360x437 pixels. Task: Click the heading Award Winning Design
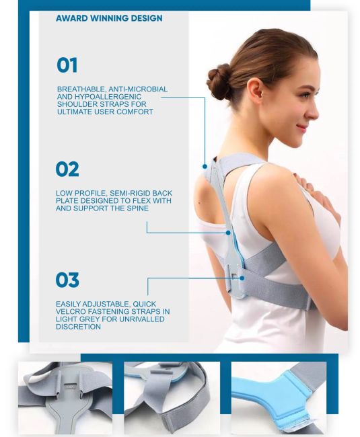coord(109,18)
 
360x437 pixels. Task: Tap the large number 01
coord(67,65)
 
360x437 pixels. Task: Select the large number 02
coord(67,169)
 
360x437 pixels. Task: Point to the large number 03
coord(67,280)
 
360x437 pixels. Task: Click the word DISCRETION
coord(78,327)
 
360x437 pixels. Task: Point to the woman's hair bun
coord(219,81)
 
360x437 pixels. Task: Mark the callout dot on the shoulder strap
coord(205,166)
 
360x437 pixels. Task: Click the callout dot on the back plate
coord(228,233)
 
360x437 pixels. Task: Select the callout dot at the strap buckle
coord(242,278)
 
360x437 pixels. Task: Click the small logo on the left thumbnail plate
coord(69,387)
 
